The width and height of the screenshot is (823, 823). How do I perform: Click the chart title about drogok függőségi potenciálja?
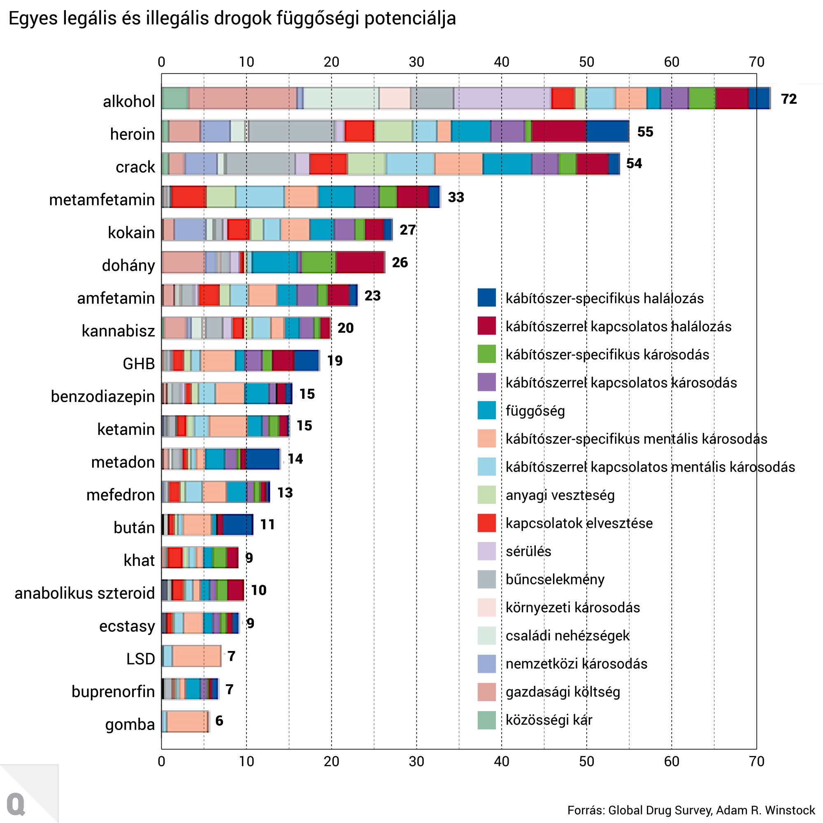coord(232,19)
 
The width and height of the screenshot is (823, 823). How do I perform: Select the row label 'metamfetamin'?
coord(102,199)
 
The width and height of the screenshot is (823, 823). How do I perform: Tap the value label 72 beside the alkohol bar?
coord(788,99)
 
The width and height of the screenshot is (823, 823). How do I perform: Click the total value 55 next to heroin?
coord(645,132)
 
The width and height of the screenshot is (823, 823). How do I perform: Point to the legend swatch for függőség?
coord(486,410)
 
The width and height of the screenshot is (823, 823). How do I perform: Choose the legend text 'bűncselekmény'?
coord(555,579)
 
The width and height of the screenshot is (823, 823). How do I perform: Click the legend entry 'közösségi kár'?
coord(549,719)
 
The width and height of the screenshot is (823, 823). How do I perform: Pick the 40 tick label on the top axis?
coord(501,62)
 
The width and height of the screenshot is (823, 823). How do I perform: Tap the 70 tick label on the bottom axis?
coord(757,761)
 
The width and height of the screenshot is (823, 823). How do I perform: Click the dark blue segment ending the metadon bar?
coord(263,459)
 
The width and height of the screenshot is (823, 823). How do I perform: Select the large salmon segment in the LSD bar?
coord(196,656)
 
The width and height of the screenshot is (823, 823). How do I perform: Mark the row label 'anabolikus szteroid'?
coord(85,593)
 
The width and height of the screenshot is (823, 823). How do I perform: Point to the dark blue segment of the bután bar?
coord(238,524)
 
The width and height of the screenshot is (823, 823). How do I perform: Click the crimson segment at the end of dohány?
coord(360,262)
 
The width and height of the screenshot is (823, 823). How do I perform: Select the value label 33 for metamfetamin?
coord(456,197)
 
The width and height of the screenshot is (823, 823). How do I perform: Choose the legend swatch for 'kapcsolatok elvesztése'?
coord(486,523)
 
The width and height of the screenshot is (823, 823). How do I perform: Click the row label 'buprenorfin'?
coord(113,691)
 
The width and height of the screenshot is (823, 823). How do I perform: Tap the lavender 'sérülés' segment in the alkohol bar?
coord(502,98)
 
